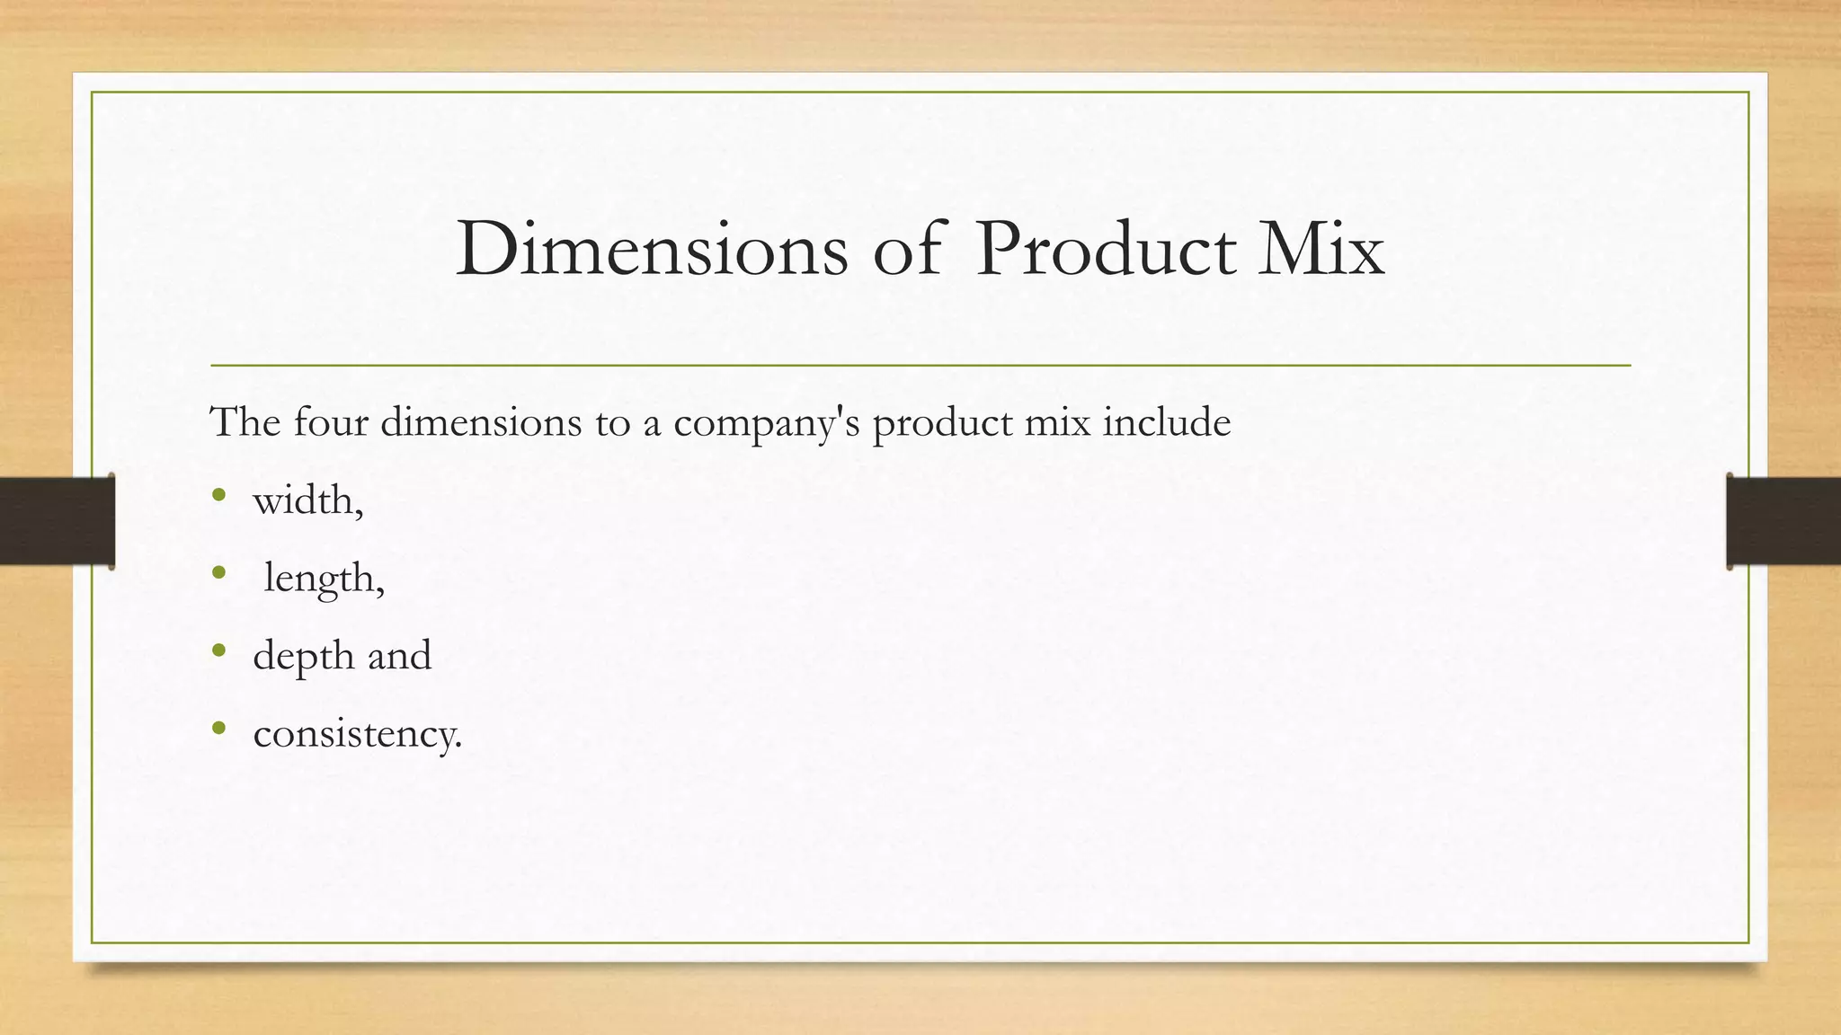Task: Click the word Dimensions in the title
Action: tap(652, 249)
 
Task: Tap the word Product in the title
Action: tap(1106, 249)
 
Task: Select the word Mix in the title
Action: tap(1321, 249)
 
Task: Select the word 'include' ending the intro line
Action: tap(1166, 421)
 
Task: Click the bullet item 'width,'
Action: tap(308, 500)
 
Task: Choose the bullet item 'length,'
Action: tap(324, 579)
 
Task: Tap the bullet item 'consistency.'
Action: tap(358, 734)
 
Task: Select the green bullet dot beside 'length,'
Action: tap(218, 571)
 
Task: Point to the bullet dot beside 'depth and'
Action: tap(218, 650)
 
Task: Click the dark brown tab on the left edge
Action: tap(57, 521)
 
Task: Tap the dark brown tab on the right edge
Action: tap(1783, 521)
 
